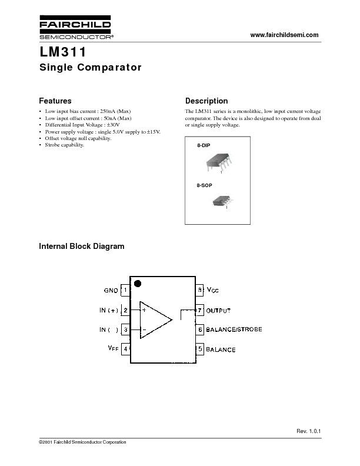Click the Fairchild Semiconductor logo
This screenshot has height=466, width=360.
[76, 27]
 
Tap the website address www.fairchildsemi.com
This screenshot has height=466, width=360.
[284, 35]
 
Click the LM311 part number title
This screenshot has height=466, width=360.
[63, 52]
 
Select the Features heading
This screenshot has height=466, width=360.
[55, 101]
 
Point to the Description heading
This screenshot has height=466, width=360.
[206, 101]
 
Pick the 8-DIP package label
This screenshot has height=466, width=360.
[204, 145]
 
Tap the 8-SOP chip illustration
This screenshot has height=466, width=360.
[223, 201]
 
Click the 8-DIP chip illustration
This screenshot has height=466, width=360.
[219, 162]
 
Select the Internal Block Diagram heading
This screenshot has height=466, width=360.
[82, 247]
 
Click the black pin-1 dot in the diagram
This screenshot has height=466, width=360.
[138, 284]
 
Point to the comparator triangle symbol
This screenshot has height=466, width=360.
[156, 320]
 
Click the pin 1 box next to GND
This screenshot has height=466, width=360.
[125, 290]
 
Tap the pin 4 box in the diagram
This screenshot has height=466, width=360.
[126, 348]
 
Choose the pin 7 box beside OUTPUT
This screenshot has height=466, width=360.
[200, 311]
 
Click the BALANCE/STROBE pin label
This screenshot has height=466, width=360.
[234, 329]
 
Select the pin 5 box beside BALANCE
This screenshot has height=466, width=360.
[200, 349]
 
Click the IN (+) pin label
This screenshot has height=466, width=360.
[109, 310]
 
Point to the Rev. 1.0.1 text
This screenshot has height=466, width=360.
[309, 431]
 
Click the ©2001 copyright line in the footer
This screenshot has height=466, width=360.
[82, 442]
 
